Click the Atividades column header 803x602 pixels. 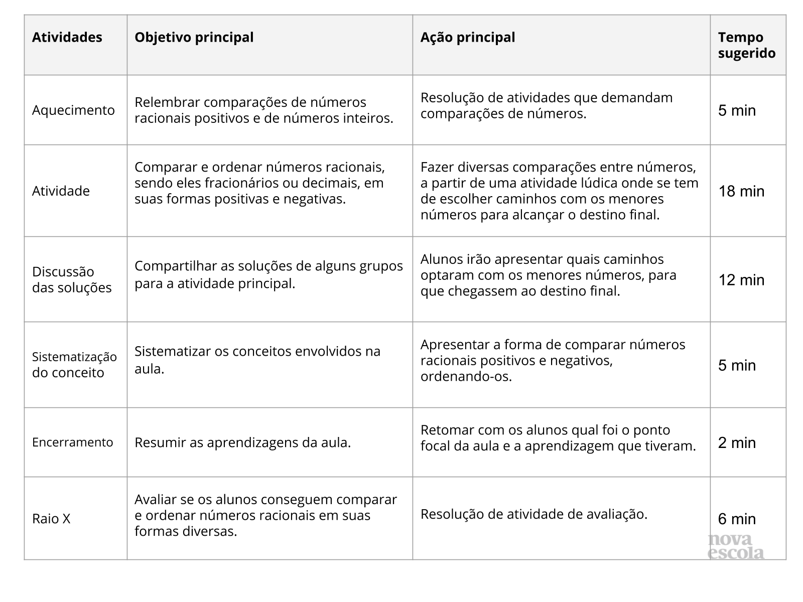coord(67,38)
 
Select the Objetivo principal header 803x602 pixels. coord(194,38)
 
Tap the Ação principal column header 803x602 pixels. coord(467,38)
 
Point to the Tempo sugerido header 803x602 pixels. coord(746,45)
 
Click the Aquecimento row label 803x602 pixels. coord(73,110)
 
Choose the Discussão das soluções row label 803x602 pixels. coord(72,279)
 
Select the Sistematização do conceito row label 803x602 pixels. coord(74,365)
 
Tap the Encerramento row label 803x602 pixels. coord(72,442)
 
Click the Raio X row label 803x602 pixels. coord(51,519)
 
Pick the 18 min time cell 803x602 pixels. coord(741,191)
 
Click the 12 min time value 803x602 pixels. coord(741,280)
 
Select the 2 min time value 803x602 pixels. coord(737,442)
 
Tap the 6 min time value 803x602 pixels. coord(737,519)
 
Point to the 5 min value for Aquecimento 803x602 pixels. coord(737,110)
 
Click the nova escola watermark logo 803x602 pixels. coord(736,547)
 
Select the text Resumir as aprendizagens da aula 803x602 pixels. coord(242,442)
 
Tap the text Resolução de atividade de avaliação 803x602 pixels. coord(533,514)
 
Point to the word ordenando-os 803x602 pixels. coord(466,377)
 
